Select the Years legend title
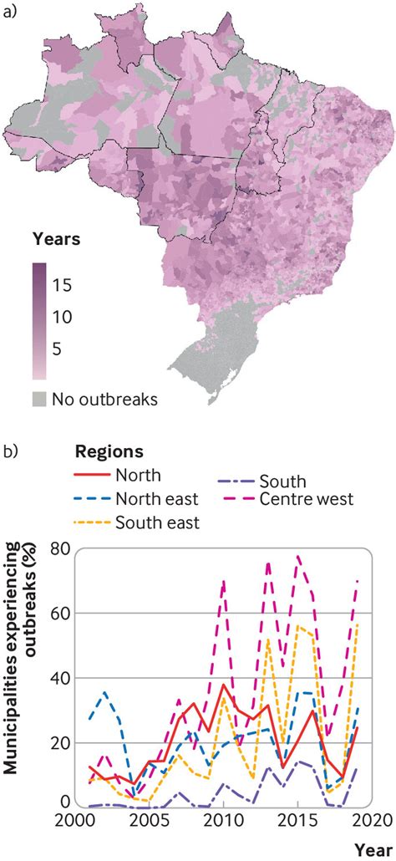click(56, 241)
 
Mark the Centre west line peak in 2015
click(297, 556)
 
